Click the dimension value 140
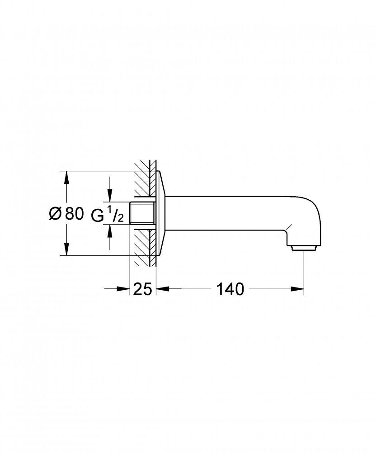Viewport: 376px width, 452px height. (x=230, y=289)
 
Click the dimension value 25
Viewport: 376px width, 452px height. (x=143, y=289)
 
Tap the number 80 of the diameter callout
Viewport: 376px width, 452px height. (x=74, y=214)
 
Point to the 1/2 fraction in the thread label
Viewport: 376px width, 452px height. (x=116, y=214)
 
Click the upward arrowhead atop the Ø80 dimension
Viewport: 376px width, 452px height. (x=66, y=178)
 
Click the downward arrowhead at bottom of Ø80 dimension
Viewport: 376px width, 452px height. (x=66, y=249)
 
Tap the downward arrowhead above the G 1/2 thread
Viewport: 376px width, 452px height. (x=109, y=195)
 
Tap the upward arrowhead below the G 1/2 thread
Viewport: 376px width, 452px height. (x=109, y=231)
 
